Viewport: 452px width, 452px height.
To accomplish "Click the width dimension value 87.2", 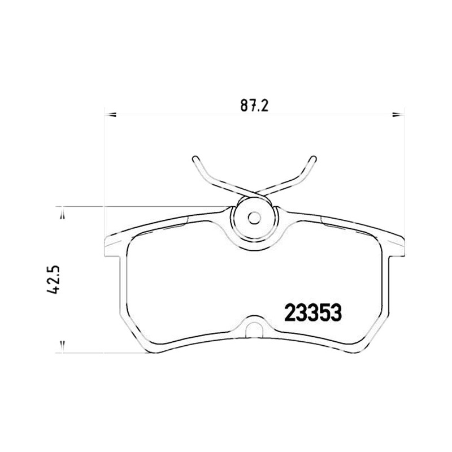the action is pos(255,106).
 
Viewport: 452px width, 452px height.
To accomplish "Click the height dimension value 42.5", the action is pos(53,279).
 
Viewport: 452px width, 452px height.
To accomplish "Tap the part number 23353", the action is pos(313,313).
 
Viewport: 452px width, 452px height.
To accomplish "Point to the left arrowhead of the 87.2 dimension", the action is pos(110,115).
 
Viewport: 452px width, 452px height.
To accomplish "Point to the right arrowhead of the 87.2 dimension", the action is pos(399,115).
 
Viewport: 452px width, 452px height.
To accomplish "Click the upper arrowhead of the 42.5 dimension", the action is pos(62,216).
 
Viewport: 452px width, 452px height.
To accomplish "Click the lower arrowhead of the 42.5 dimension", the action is pos(62,345).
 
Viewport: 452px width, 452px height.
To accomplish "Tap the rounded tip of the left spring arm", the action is pos(195,159).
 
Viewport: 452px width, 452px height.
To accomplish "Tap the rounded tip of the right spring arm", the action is pos(314,159).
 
